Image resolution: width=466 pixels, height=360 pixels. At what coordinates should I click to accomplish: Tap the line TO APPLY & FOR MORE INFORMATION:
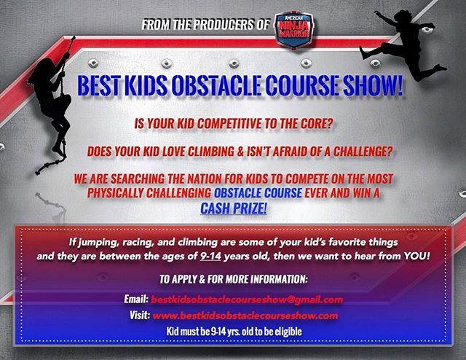[x=232, y=279]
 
